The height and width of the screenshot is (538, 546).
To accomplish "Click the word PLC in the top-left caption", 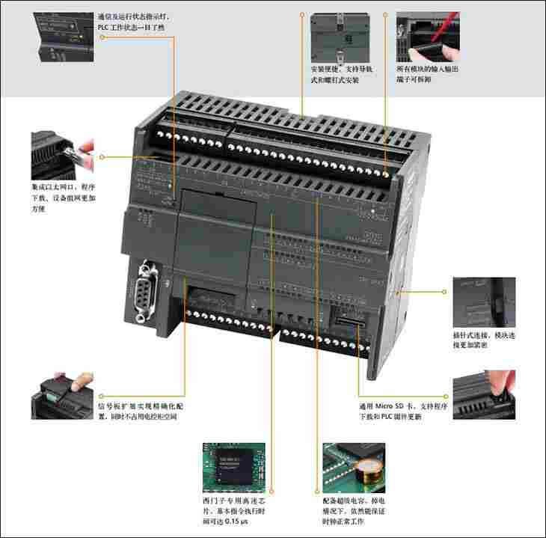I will (x=106, y=27).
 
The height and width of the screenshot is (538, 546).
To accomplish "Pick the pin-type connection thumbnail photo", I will (x=483, y=302).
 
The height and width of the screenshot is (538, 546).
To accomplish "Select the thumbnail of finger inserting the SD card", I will (x=483, y=393).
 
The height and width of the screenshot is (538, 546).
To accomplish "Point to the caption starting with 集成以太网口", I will (x=64, y=197).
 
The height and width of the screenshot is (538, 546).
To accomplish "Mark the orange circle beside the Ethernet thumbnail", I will (x=102, y=157).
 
